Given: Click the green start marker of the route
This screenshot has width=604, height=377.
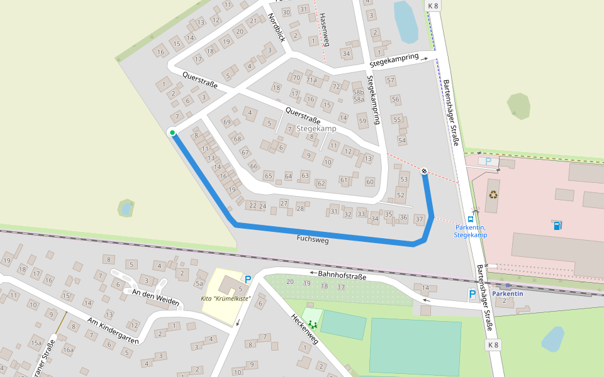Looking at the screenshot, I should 172,132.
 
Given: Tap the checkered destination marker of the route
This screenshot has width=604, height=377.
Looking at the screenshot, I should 425,171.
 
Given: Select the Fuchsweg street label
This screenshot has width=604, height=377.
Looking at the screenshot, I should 313,239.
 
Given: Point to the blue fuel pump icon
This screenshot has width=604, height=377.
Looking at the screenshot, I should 558,225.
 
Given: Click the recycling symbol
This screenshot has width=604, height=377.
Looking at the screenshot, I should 493,194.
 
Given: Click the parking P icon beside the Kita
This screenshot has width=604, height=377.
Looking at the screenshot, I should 248,279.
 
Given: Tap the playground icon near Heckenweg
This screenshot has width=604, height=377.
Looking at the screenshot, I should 311,324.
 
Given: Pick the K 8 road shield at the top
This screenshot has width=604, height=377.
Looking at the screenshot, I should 433,6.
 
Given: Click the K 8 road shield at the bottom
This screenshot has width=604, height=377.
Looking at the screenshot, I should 494,345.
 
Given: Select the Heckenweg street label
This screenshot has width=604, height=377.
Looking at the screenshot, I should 304,330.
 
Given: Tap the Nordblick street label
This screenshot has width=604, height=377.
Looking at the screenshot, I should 277,27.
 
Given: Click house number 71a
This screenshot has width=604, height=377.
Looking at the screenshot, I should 311,80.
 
